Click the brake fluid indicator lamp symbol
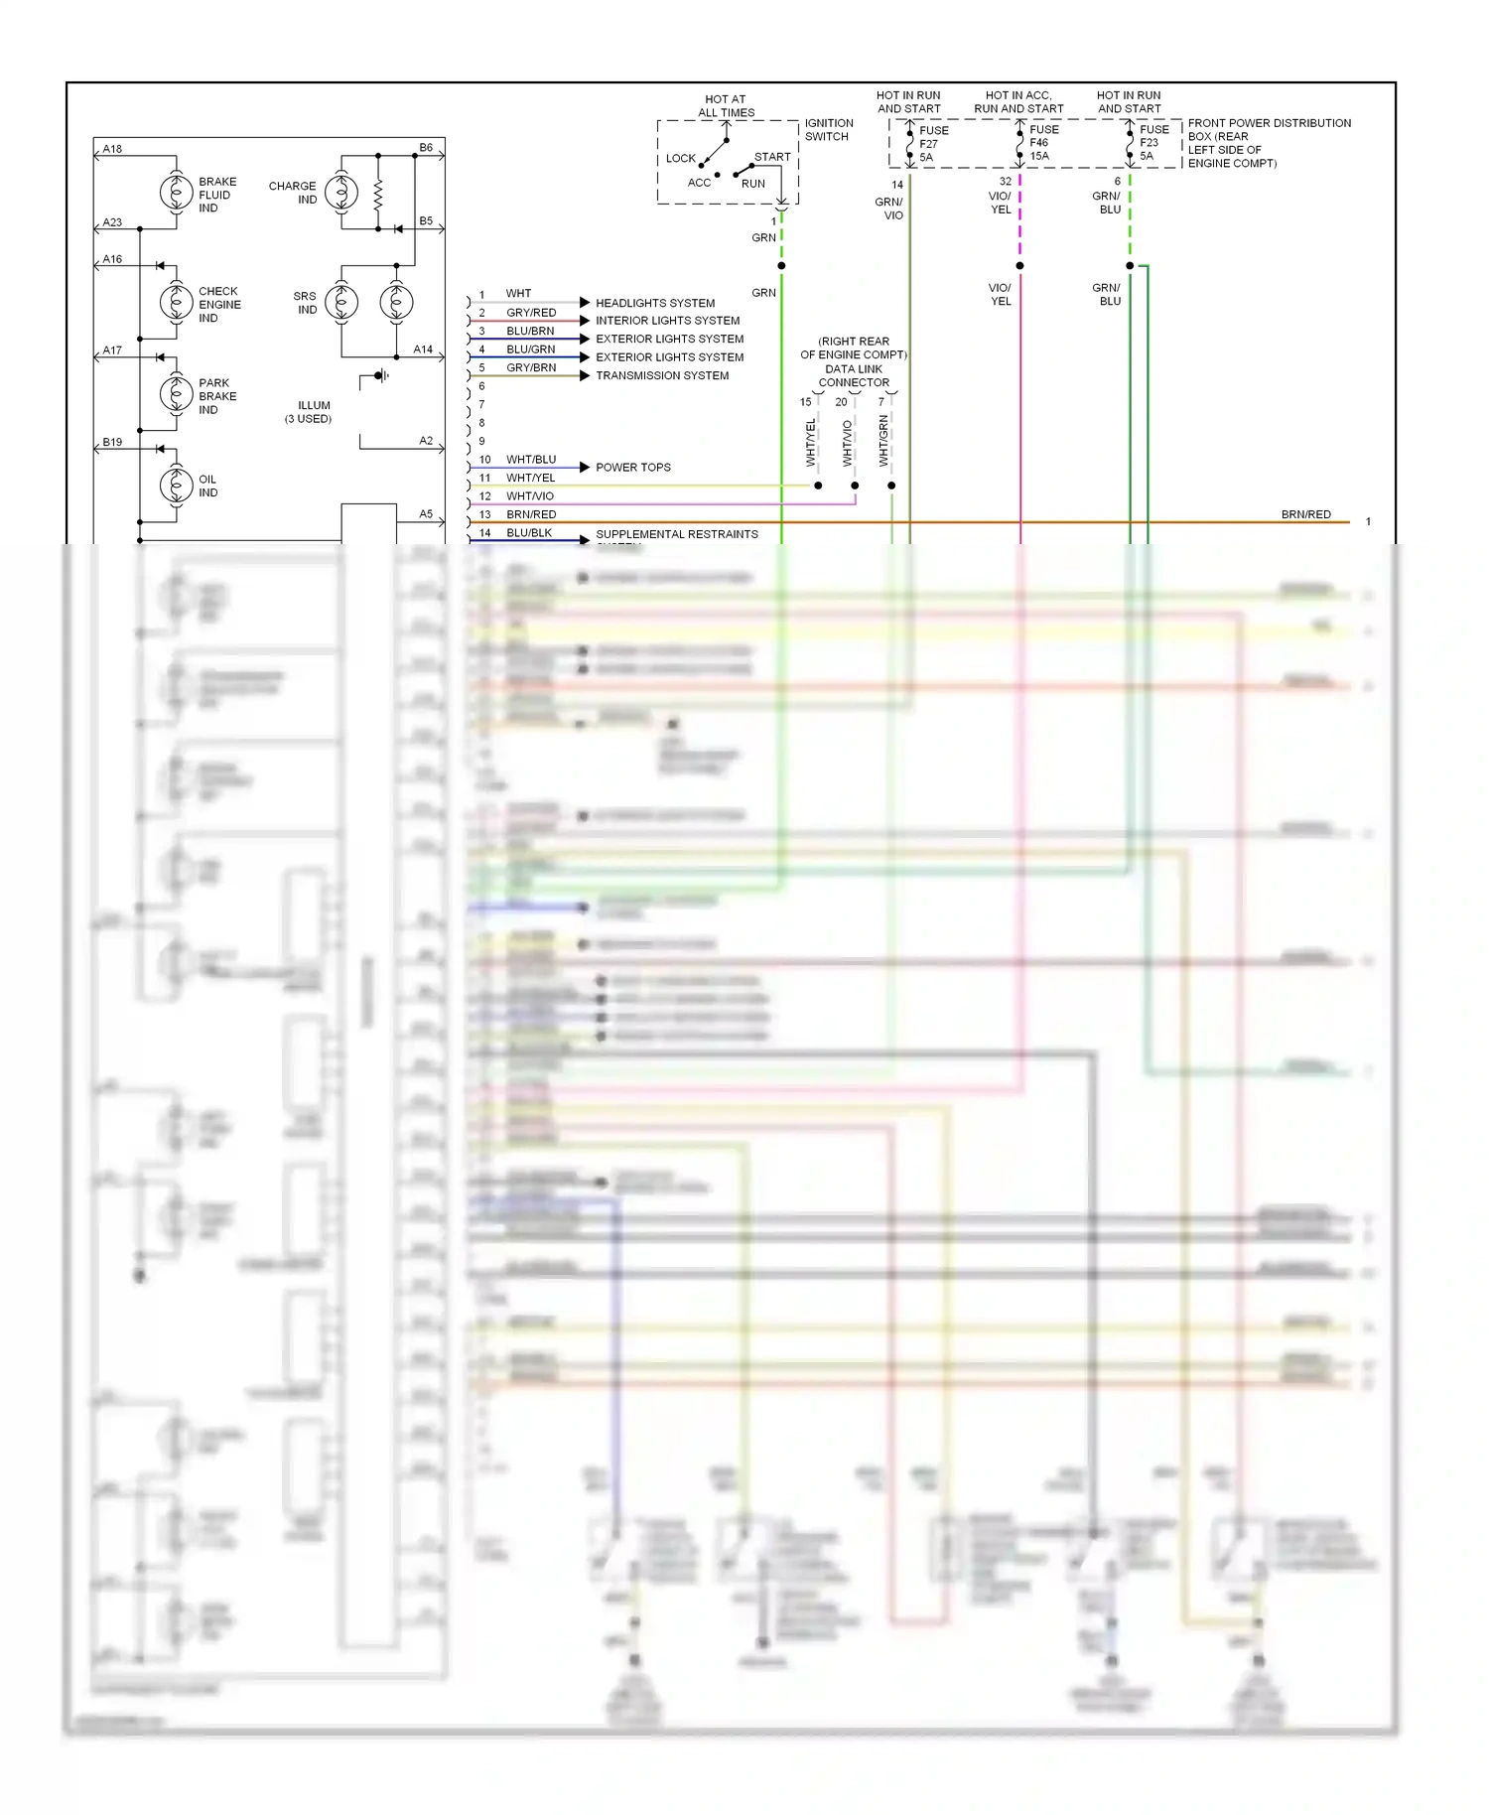[x=177, y=193]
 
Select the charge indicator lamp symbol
[x=341, y=193]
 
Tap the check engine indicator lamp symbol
[x=177, y=302]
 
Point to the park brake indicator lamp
[x=177, y=394]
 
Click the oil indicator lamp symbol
[x=177, y=485]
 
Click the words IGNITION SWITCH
[x=828, y=129]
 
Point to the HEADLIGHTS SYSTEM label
[x=655, y=303]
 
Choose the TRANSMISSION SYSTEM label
[x=662, y=375]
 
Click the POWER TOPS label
[x=633, y=467]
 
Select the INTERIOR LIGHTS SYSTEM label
[x=667, y=321]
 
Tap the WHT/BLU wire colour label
[x=531, y=460]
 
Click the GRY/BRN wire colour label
[x=531, y=367]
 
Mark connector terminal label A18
[x=112, y=149]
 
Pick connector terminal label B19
[x=112, y=442]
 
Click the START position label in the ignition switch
[x=772, y=157]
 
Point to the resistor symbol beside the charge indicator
[x=378, y=194]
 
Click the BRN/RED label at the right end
[x=1305, y=514]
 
